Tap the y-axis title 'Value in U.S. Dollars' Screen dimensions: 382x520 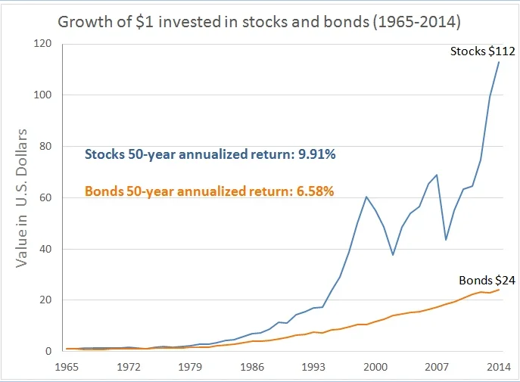(22, 198)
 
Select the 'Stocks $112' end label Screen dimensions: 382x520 (482, 51)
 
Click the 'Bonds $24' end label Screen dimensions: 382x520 (487, 280)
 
